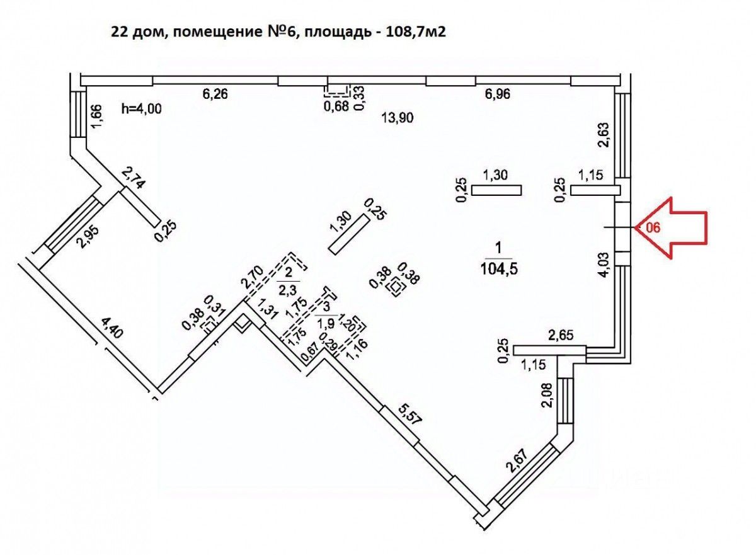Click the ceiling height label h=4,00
pyautogui.click(x=141, y=109)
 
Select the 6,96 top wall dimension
pyautogui.click(x=497, y=94)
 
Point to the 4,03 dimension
pyautogui.click(x=604, y=264)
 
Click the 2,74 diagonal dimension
pyautogui.click(x=133, y=178)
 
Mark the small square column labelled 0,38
pyautogui.click(x=396, y=287)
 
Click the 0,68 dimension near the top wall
pyautogui.click(x=336, y=106)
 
